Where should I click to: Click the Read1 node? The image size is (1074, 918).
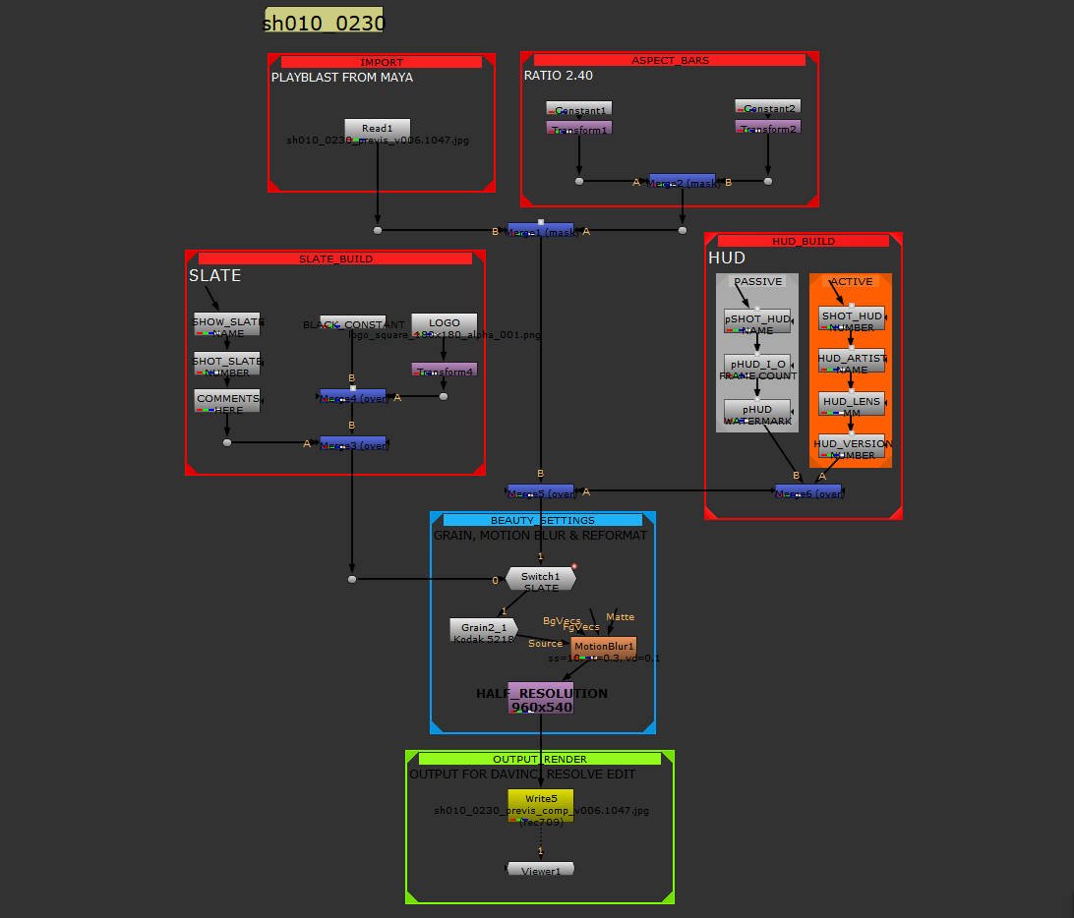point(377,129)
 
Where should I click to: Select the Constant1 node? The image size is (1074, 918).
point(579,109)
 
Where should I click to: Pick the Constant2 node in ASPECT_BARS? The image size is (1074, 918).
point(767,107)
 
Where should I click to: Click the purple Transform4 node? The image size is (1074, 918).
point(443,371)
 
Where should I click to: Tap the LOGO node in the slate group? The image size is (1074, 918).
point(443,323)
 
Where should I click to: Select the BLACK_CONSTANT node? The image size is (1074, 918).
point(352,324)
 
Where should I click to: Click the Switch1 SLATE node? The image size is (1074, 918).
point(540,579)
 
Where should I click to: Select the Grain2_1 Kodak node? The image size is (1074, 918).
point(483,629)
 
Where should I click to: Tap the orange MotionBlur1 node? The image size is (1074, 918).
point(603,647)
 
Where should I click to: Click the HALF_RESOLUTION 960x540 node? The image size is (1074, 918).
point(541,698)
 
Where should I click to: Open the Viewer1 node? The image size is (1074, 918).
point(540,869)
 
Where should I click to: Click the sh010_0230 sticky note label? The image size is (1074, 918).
point(324,22)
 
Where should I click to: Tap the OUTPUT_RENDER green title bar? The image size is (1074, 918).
point(540,759)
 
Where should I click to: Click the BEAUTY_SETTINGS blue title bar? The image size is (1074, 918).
point(542,520)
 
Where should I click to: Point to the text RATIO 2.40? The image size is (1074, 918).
point(558,75)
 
